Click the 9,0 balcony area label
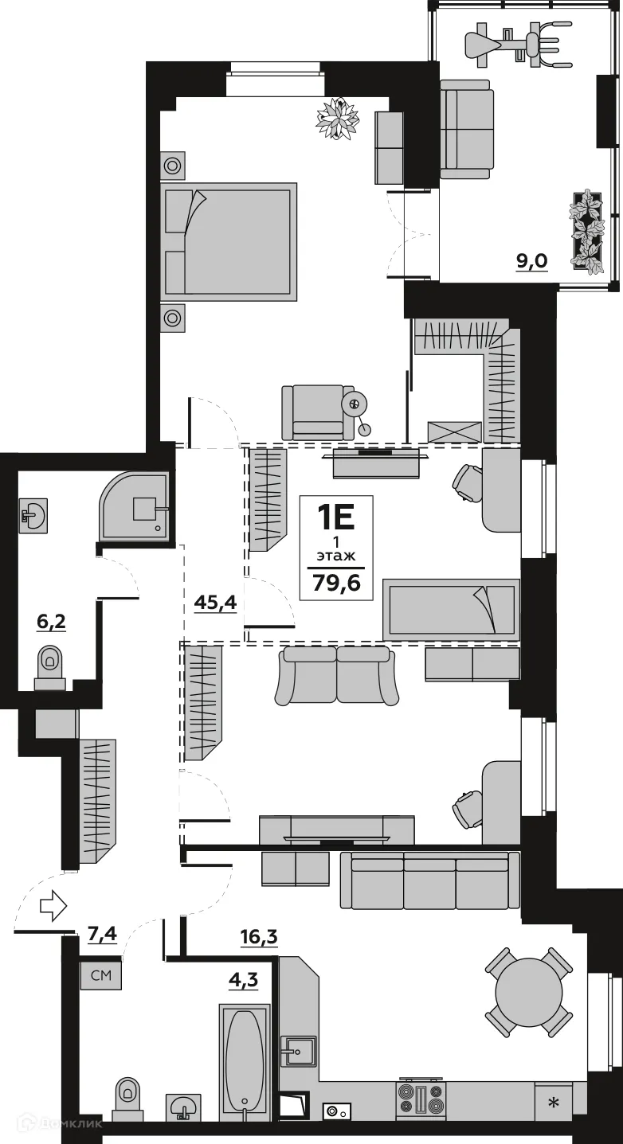pyautogui.click(x=531, y=260)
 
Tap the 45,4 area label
pyautogui.click(x=215, y=603)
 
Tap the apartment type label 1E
pyautogui.click(x=336, y=517)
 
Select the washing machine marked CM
pyautogui.click(x=100, y=974)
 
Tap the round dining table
pyautogui.click(x=529, y=992)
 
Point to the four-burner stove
pyautogui.click(x=421, y=1100)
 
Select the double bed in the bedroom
pyautogui.click(x=229, y=241)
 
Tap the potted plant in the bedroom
pyautogui.click(x=339, y=118)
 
